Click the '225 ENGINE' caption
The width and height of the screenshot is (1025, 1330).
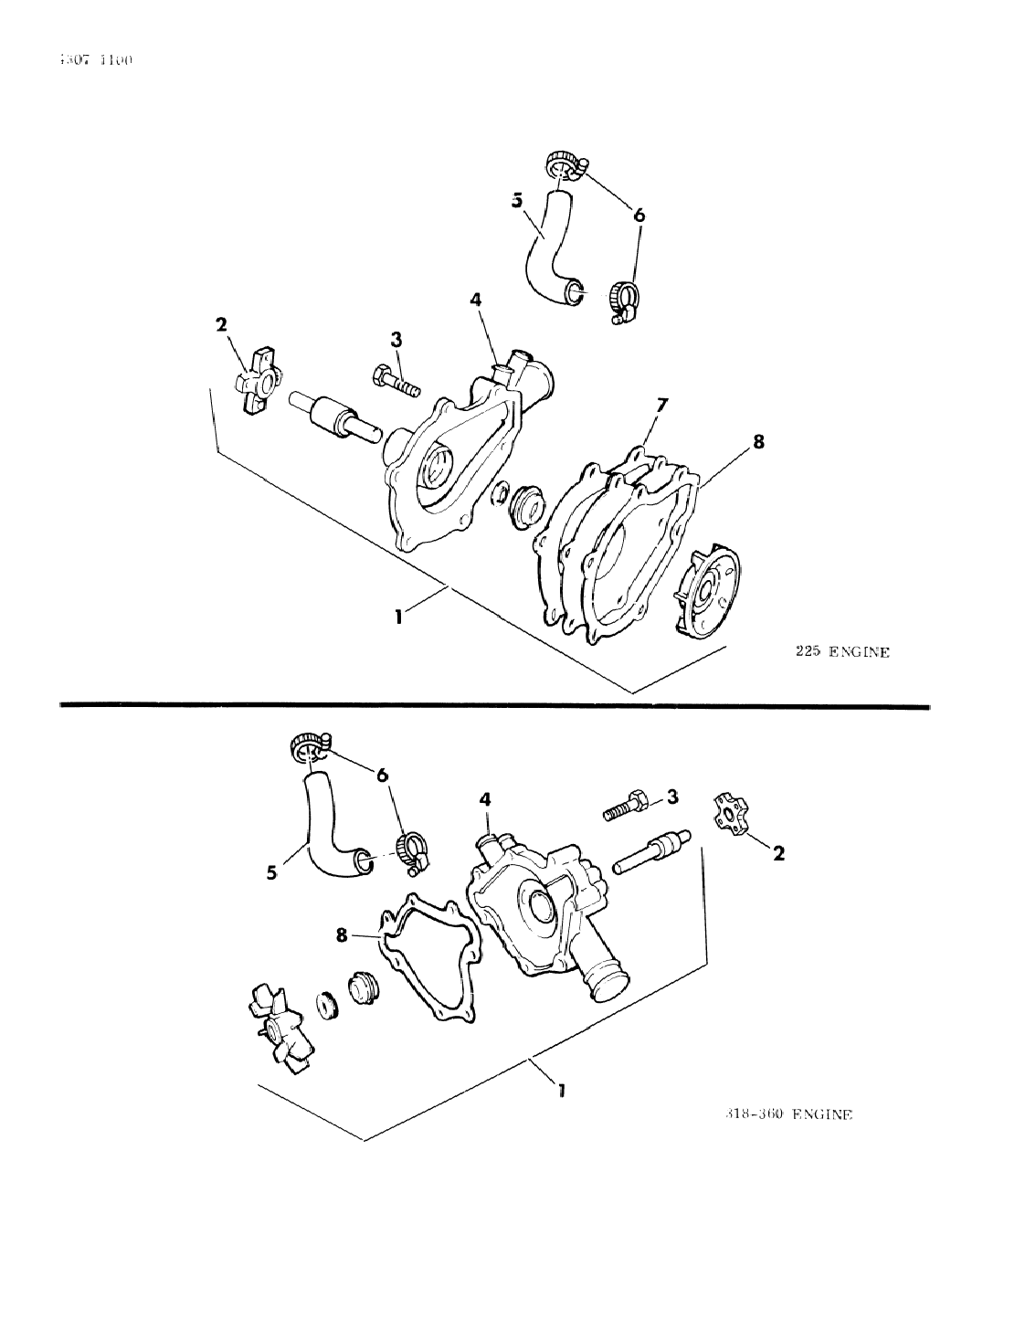[x=840, y=652]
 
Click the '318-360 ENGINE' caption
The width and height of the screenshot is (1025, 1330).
[x=786, y=1114]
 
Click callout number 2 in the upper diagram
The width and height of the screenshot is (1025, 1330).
[x=220, y=323]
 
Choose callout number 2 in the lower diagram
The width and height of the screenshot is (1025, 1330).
[x=777, y=853]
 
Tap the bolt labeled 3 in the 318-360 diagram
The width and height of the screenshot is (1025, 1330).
[x=627, y=807]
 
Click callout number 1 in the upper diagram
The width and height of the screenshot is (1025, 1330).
[x=398, y=617]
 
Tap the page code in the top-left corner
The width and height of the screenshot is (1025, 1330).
[x=95, y=60]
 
